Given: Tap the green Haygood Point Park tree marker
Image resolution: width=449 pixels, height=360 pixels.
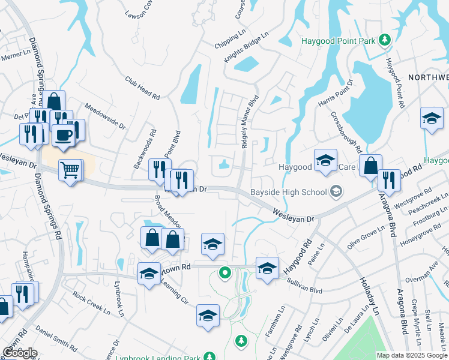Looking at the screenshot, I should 385,40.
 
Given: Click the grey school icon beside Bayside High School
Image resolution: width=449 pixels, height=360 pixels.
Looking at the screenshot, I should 337,191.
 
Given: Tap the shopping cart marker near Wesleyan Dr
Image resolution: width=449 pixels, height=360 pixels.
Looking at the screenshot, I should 71,171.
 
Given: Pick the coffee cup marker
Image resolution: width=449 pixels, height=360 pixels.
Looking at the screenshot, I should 64,135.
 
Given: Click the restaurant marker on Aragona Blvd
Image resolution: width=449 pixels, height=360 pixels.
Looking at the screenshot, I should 389,181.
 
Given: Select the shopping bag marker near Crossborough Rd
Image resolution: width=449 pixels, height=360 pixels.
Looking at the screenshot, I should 371,165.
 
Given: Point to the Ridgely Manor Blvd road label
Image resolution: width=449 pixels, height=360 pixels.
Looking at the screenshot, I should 249,122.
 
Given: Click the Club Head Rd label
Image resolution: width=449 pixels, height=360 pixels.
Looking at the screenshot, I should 142,88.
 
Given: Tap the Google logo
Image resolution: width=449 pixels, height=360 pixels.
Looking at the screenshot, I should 19,352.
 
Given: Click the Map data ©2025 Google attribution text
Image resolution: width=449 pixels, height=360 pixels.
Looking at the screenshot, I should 412,355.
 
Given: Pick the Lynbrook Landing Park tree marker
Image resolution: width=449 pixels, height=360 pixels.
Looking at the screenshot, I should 241,341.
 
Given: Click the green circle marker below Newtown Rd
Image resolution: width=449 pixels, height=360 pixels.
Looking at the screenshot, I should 225,274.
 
